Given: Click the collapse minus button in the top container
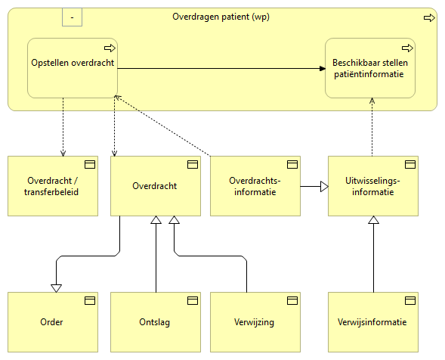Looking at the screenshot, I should [x=72, y=16].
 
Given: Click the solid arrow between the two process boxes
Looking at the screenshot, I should [x=219, y=69].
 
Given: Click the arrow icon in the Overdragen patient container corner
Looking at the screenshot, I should [x=428, y=17].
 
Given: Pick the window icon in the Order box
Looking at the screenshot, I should [x=89, y=300].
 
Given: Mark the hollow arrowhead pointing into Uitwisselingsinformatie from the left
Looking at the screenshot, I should [x=323, y=186].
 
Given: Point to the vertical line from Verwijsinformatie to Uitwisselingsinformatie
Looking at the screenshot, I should [x=373, y=257].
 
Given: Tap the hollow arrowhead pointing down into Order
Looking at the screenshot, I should [x=55, y=287].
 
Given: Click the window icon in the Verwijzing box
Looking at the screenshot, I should [x=291, y=300].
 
